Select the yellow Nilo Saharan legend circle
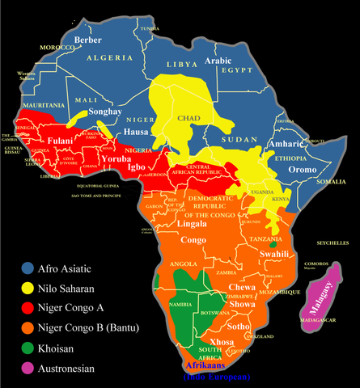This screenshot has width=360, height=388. tap(28, 288)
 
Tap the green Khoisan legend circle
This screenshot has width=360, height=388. tap(28, 348)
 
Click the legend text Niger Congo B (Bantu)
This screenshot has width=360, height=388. tap(92, 327)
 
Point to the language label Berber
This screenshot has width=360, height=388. tap(87, 40)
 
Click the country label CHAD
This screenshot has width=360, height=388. tap(188, 120)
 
